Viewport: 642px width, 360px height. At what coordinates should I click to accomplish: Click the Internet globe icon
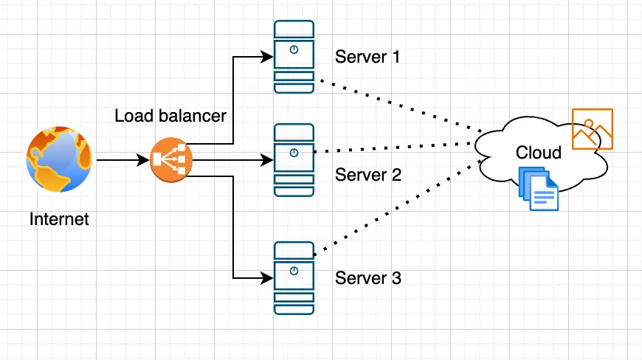pyautogui.click(x=60, y=159)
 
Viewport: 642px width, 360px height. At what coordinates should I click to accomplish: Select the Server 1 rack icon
pyautogui.click(x=294, y=57)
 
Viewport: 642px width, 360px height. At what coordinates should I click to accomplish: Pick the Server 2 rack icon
pyautogui.click(x=294, y=159)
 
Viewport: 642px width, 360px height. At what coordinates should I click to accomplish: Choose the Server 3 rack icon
pyautogui.click(x=294, y=278)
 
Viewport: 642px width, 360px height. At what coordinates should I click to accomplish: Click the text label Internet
pyautogui.click(x=59, y=219)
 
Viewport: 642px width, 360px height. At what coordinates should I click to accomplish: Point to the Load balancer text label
pyautogui.click(x=170, y=116)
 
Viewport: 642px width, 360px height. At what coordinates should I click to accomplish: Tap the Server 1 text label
pyautogui.click(x=367, y=57)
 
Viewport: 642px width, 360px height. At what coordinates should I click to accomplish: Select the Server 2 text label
pyautogui.click(x=367, y=175)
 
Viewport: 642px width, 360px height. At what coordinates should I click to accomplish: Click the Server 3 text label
pyautogui.click(x=367, y=278)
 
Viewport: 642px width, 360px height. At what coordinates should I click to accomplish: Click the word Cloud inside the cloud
pyautogui.click(x=538, y=153)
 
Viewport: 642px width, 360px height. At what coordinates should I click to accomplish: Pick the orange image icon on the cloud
pyautogui.click(x=593, y=129)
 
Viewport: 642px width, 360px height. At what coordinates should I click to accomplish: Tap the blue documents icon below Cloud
pyautogui.click(x=539, y=189)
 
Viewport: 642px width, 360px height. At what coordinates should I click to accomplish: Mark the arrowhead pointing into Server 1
pyautogui.click(x=267, y=56)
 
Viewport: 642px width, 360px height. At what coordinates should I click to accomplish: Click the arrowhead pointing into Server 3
pyautogui.click(x=267, y=278)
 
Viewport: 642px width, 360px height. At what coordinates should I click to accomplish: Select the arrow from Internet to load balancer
pyautogui.click(x=122, y=159)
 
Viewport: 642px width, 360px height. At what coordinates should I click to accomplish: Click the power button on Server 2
pyautogui.click(x=294, y=153)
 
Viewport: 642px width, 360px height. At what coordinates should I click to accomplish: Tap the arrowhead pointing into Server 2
pyautogui.click(x=267, y=159)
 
